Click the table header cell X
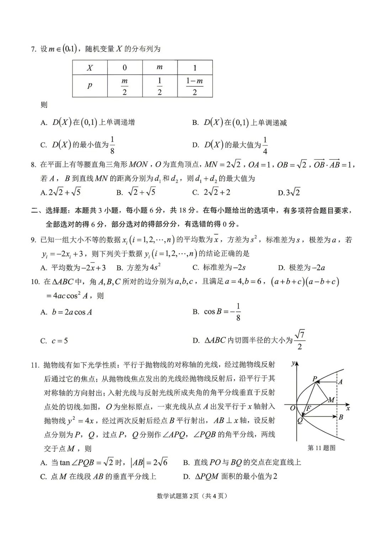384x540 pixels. coord(90,68)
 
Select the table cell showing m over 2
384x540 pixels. coord(124,86)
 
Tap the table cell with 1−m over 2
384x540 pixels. coord(194,86)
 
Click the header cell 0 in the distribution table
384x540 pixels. coord(124,68)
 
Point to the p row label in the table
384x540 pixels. coord(90,86)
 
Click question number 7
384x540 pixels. coord(34,49)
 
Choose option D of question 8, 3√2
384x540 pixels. coord(289,193)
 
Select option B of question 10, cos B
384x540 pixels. coord(217,312)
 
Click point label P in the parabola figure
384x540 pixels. coord(315,379)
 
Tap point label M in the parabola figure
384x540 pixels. coord(331,400)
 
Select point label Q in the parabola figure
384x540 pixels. coord(300,421)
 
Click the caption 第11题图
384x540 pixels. coord(321,448)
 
